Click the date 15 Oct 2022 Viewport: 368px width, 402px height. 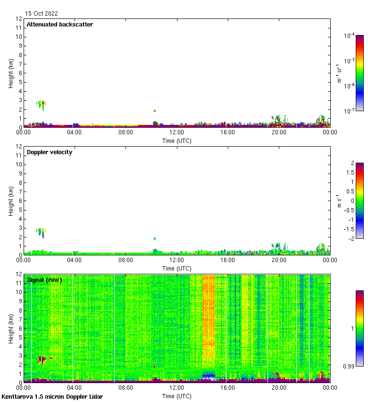tap(42, 14)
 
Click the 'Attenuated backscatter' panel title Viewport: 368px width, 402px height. tap(59, 25)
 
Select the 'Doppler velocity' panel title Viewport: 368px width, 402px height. tap(50, 152)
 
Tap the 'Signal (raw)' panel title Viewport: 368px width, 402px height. tap(44, 280)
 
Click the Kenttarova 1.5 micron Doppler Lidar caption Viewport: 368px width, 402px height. tap(52, 397)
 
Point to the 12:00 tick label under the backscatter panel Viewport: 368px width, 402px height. tap(176, 133)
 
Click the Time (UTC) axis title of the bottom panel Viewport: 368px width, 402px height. tap(176, 396)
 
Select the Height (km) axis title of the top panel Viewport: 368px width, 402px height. tap(11, 73)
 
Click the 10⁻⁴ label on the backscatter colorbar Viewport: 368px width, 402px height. tap(350, 36)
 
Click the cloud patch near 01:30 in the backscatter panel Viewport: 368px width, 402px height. tap(42, 105)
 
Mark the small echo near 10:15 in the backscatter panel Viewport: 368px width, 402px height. tap(154, 111)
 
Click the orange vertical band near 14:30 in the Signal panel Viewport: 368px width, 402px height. tap(208, 326)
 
